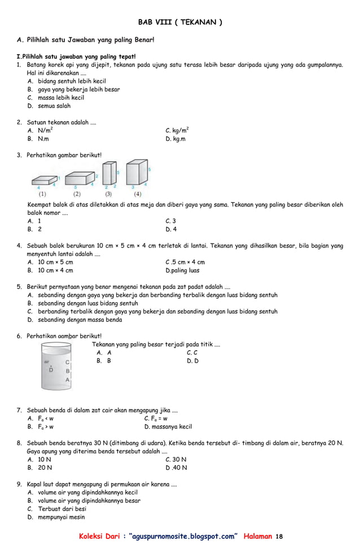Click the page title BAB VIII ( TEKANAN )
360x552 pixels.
pyautogui.click(x=180, y=23)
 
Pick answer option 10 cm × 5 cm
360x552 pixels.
pyautogui.click(x=55, y=262)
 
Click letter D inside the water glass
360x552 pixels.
pyautogui.click(x=51, y=370)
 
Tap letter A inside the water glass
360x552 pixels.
pyautogui.click(x=67, y=380)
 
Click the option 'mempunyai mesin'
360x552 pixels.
pyautogui.click(x=61, y=517)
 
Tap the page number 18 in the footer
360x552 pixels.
pyautogui.click(x=280, y=536)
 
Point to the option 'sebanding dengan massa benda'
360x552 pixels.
pyautogui.click(x=80, y=320)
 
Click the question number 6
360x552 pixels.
pyautogui.click(x=19, y=336)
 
